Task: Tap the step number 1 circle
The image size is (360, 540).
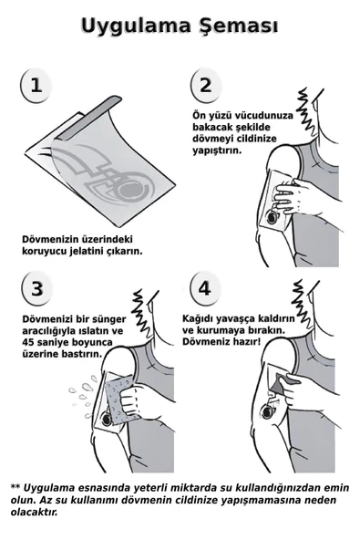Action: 34,87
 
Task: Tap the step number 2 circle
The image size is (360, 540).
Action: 205,86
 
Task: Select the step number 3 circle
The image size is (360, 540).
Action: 36,289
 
